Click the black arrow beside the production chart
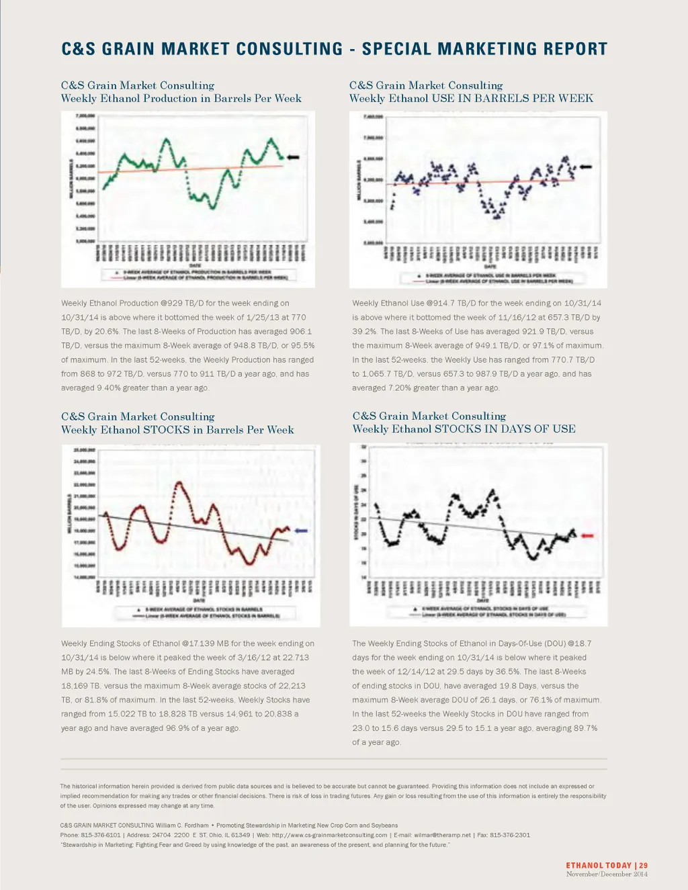click(x=294, y=157)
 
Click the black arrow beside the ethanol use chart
click(x=585, y=167)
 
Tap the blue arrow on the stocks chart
click(x=300, y=531)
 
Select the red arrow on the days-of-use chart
click(x=587, y=535)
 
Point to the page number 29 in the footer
click(x=643, y=866)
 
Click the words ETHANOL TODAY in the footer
click(x=599, y=866)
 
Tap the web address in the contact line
click(x=330, y=835)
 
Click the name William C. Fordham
click(x=181, y=826)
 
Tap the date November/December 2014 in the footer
click(x=607, y=874)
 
